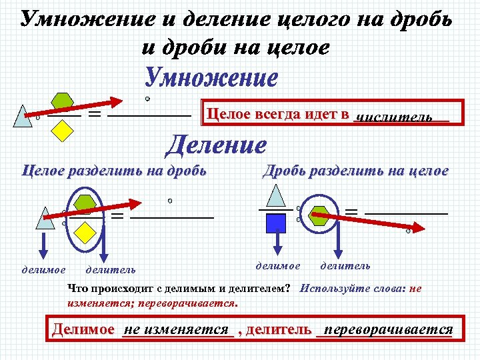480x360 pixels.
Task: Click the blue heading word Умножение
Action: point(212,78)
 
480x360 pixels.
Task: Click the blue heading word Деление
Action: point(216,144)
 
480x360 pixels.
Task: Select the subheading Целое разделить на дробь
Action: point(114,171)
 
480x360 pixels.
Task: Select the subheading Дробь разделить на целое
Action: point(355,171)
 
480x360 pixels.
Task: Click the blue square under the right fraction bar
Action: point(275,223)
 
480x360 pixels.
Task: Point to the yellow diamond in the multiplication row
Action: point(61,131)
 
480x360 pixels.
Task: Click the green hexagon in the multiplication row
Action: point(63,102)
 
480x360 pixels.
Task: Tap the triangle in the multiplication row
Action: point(23,117)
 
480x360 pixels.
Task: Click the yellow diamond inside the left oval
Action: point(85,231)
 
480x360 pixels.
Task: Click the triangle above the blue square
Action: point(275,195)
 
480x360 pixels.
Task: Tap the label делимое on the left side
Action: point(43,270)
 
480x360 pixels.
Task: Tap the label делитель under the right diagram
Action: point(345,266)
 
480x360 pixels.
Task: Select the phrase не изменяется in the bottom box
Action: point(177,329)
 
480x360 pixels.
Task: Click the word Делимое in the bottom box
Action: point(83,329)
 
